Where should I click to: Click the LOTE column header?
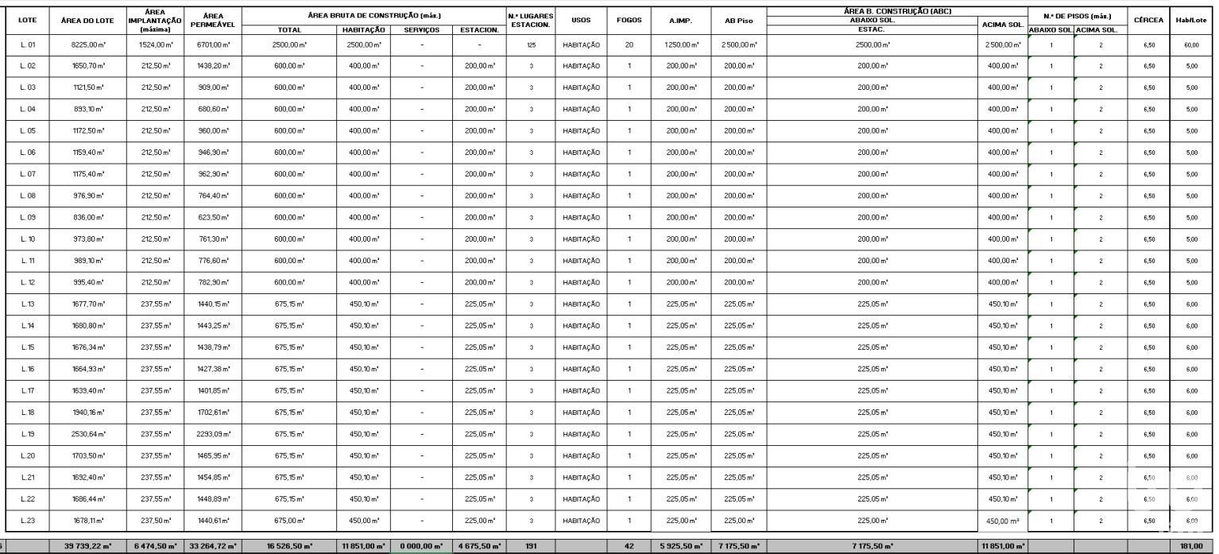pyautogui.click(x=27, y=20)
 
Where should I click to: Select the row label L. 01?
pyautogui.click(x=28, y=45)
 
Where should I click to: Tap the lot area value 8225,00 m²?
pyautogui.click(x=88, y=45)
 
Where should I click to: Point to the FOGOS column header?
pyautogui.click(x=629, y=20)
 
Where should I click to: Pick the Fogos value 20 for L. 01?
pyautogui.click(x=629, y=45)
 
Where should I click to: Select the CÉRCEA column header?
pyautogui.click(x=1148, y=20)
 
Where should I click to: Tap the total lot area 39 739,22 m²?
pyautogui.click(x=88, y=546)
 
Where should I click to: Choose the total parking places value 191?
pyautogui.click(x=531, y=546)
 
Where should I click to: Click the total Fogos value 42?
pyautogui.click(x=629, y=546)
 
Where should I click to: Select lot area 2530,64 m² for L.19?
pyautogui.click(x=88, y=434)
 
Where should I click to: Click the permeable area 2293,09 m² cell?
pyautogui.click(x=211, y=434)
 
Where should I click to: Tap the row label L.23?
pyautogui.click(x=28, y=521)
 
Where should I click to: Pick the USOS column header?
pyautogui.click(x=581, y=20)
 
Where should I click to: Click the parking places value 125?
pyautogui.click(x=531, y=45)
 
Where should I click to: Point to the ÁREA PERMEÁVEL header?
pyautogui.click(x=211, y=20)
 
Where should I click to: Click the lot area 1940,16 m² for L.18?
pyautogui.click(x=88, y=413)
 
